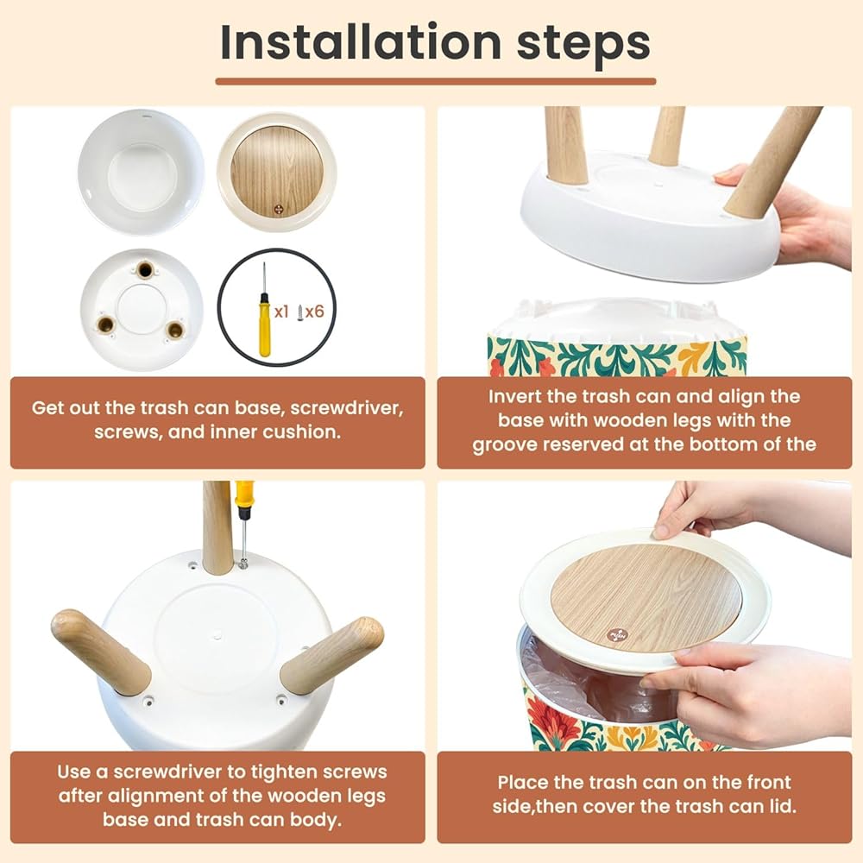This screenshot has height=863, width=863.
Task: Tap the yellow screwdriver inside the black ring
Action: pos(264,310)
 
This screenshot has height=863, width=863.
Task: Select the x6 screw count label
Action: pos(315,312)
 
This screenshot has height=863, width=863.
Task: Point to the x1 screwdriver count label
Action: pos(281,312)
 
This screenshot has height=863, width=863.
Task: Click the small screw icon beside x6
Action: pos(300,313)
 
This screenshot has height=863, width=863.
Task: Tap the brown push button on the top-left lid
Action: pos(280,210)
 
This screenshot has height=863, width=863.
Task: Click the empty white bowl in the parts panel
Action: pos(141,172)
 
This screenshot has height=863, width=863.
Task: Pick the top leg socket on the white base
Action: pos(145,270)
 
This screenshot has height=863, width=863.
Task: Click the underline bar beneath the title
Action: pos(435,81)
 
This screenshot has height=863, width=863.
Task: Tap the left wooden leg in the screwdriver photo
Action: pos(101,651)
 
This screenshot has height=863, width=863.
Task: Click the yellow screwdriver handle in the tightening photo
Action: pos(244,494)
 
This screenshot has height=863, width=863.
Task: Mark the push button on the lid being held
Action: pos(617,634)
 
